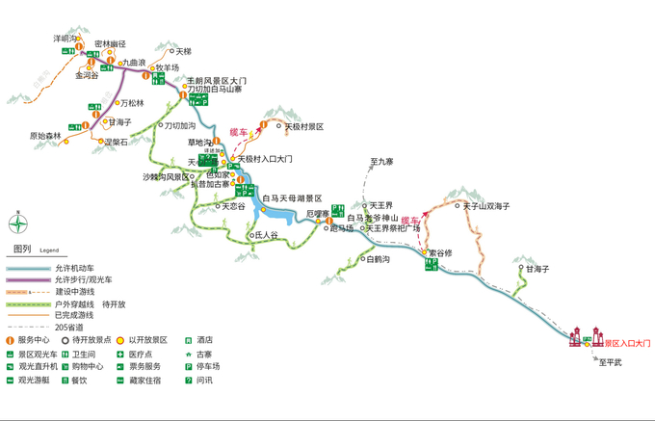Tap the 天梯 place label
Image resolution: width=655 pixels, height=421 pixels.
tap(182, 51)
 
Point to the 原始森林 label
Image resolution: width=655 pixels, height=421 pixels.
tap(45, 136)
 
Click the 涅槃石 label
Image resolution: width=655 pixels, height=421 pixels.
tap(115, 142)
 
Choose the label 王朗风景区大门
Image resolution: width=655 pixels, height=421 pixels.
tap(217, 80)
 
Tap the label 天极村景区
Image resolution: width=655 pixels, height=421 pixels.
tap(303, 126)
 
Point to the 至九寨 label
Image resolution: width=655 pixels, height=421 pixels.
tap(382, 161)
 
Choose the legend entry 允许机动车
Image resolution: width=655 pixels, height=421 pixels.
tap(76, 267)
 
